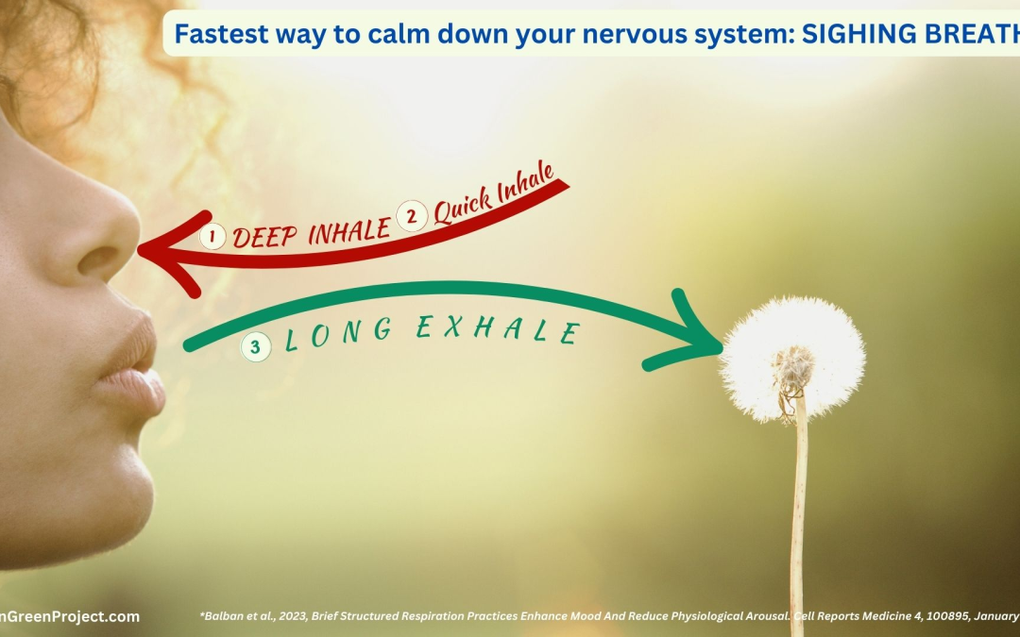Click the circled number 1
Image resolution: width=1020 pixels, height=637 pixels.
(212, 237)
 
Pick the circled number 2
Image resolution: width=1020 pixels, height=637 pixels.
(411, 217)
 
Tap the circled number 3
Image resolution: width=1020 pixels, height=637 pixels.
(254, 347)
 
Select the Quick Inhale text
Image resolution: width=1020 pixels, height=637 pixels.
(491, 201)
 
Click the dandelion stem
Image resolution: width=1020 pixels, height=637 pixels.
(798, 519)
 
